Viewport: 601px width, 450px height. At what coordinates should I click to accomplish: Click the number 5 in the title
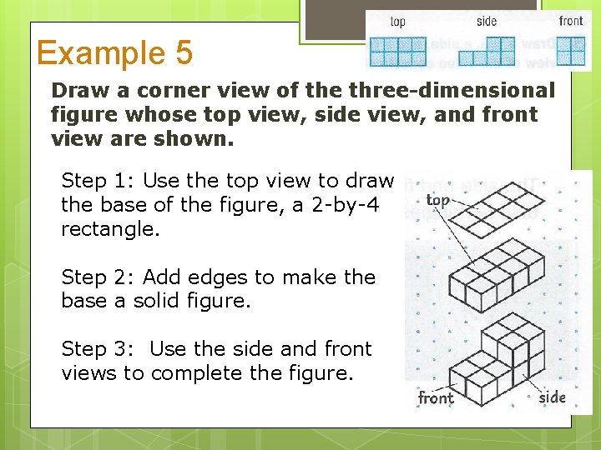(x=183, y=53)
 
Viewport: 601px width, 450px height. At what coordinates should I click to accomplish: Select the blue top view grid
(x=398, y=51)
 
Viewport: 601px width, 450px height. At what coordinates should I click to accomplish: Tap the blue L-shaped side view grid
(x=487, y=51)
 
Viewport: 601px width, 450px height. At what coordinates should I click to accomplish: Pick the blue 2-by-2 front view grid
(x=571, y=51)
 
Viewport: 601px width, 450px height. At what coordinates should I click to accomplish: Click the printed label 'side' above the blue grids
(x=487, y=21)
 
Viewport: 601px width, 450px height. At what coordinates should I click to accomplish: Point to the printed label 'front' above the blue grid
(x=571, y=21)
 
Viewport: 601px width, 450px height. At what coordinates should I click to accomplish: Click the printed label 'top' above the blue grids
(x=398, y=21)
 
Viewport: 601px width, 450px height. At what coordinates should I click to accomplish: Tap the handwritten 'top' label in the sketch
(x=437, y=200)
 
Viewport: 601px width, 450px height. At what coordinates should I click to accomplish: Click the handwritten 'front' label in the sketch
(x=436, y=397)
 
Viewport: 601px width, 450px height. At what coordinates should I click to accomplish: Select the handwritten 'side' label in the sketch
(x=552, y=397)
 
